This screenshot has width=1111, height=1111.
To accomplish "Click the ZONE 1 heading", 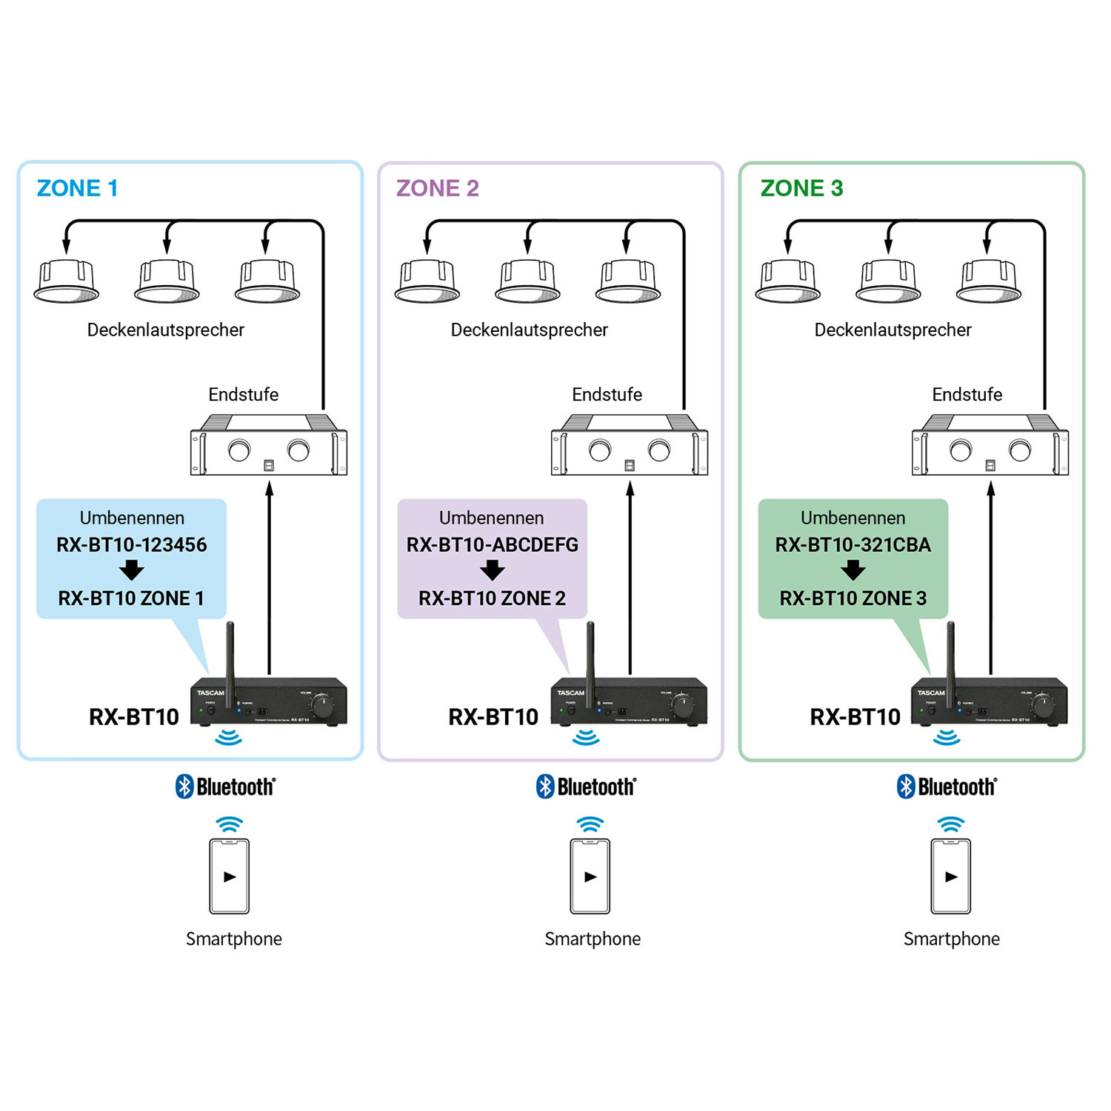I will pos(78,188).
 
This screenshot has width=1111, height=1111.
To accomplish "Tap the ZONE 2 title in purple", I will pos(438,188).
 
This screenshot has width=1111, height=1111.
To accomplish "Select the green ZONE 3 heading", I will pos(802,188).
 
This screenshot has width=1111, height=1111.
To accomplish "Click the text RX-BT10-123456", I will pos(132,545).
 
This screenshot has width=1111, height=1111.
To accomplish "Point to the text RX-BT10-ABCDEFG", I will pos(493,545).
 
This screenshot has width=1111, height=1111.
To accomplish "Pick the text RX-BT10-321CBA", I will pos(853,545).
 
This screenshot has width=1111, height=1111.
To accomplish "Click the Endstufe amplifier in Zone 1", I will pos(269,446).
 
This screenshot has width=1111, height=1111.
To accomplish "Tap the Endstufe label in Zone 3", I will pos(967,395).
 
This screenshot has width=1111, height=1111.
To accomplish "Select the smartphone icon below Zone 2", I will pos(590,876).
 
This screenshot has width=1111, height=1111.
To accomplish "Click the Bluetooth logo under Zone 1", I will pos(226,787).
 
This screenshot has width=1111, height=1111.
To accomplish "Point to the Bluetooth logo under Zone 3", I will pos(947,787).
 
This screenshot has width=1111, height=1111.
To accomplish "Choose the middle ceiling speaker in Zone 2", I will pos(527,282).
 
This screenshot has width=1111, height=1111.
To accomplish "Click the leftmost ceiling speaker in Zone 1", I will pos(67,282).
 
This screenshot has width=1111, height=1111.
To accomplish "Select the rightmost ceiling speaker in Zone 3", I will pos(989,282).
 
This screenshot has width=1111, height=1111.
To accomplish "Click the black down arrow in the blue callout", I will pos(132,570).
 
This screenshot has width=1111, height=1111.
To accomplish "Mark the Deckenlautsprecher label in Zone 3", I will pos(893,330).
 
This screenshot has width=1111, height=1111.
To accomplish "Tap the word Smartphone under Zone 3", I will pos(952,939).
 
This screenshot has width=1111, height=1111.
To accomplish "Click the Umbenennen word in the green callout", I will pos(853,518).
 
